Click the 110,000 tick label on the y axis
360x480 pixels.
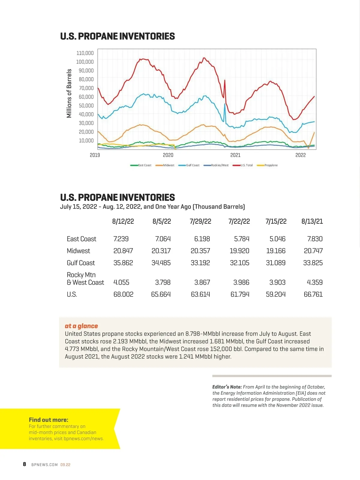click(85, 53)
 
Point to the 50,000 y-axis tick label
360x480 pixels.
click(86, 106)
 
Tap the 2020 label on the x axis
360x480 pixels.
click(168, 155)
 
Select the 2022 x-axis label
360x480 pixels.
click(300, 155)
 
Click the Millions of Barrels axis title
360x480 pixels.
click(69, 93)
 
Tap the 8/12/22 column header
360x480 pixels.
click(123, 221)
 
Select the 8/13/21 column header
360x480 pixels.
click(312, 221)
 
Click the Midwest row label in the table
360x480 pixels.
click(78, 251)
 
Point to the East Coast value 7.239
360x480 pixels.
click(121, 239)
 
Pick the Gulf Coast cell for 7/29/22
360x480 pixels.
click(200, 263)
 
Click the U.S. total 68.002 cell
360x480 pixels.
click(123, 294)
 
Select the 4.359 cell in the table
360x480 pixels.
click(315, 282)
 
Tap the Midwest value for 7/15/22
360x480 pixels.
click(276, 251)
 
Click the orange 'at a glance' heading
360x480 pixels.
click(81, 326)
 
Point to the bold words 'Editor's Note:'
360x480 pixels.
click(227, 387)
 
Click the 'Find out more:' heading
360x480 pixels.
click(49, 420)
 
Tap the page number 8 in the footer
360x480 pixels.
click(24, 464)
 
